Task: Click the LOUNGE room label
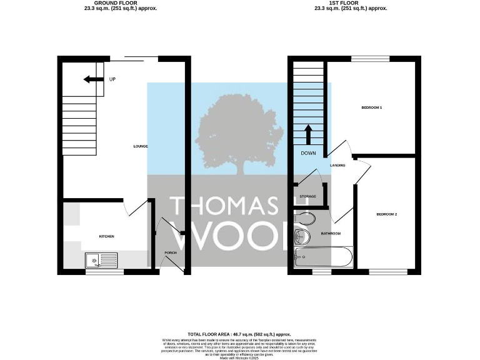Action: [x=140, y=146]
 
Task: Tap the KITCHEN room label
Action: [x=107, y=236]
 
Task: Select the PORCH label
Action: [x=170, y=252]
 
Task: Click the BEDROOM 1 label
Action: [x=371, y=107]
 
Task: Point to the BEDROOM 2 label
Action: [x=387, y=214]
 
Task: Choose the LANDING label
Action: [x=338, y=165]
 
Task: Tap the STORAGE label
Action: [x=307, y=196]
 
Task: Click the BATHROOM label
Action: [x=331, y=233]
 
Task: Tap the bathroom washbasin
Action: [x=301, y=236]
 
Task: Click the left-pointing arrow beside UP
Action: [x=94, y=79]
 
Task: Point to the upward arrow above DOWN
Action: [x=308, y=134]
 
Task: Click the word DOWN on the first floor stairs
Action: [x=308, y=153]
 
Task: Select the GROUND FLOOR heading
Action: [x=120, y=3]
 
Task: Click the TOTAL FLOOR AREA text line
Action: [x=239, y=335]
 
